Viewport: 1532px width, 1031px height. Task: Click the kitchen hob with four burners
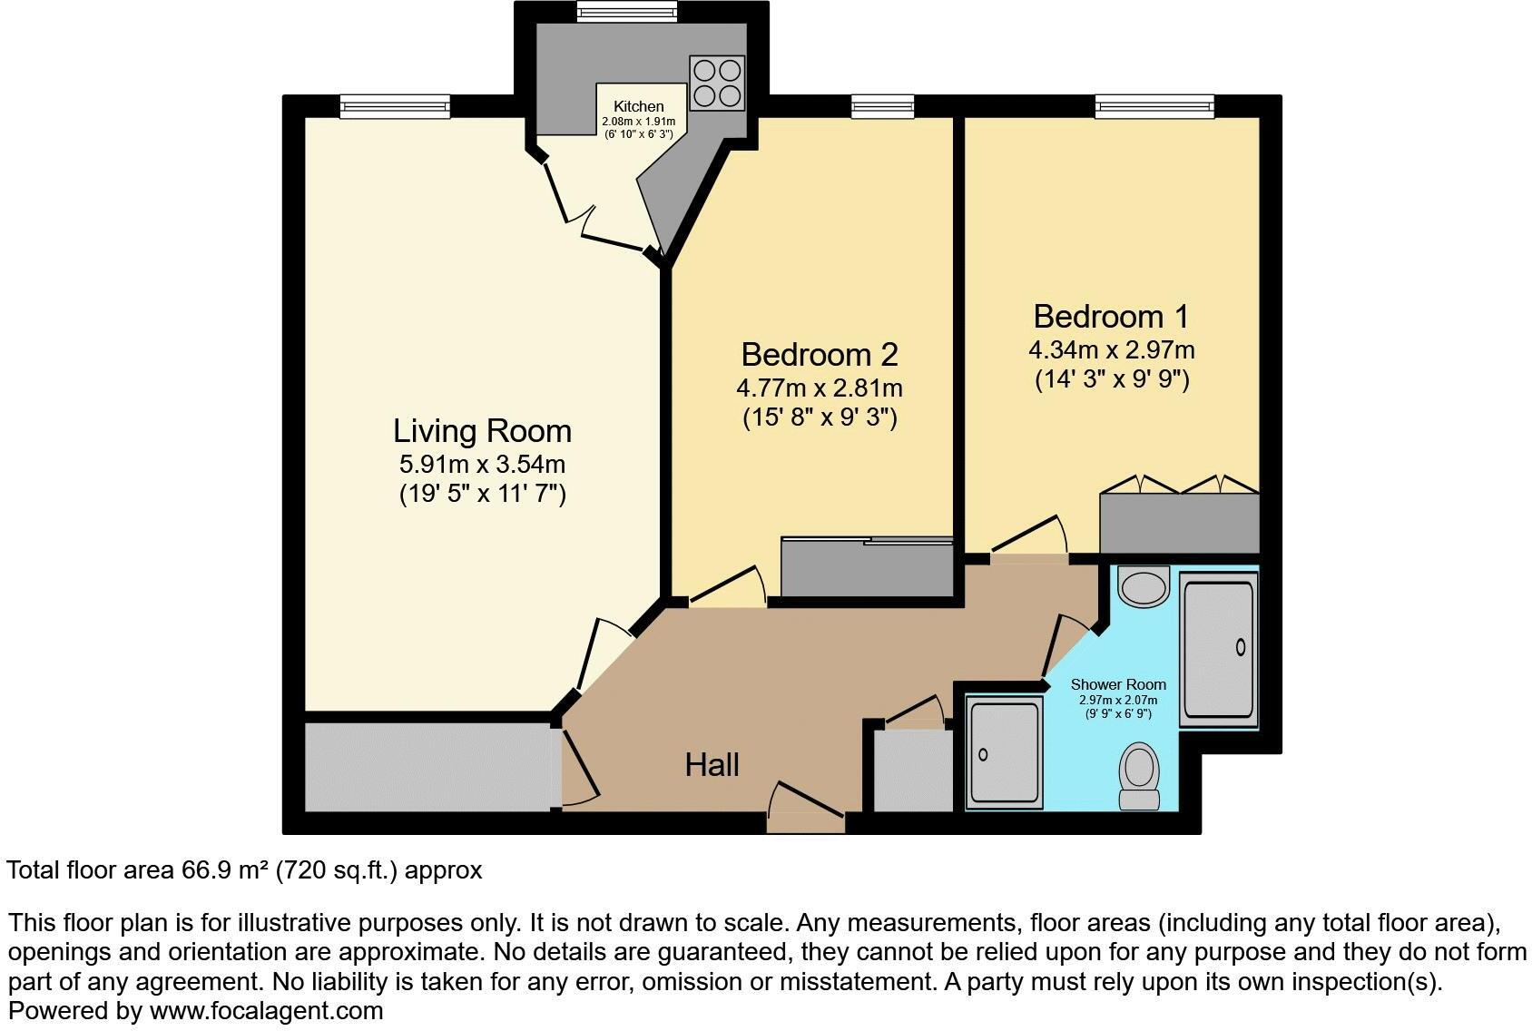[x=717, y=83]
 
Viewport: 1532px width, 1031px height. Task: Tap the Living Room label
[x=482, y=430]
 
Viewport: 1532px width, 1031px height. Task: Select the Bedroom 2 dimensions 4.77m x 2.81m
[x=819, y=388]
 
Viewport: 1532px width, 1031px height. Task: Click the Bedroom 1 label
[x=1111, y=316]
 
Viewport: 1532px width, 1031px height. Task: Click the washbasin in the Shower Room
[x=1144, y=586]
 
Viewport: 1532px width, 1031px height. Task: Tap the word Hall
[x=712, y=764]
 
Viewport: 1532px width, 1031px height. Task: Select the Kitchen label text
[x=638, y=106]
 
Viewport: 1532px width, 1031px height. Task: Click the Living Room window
[x=395, y=107]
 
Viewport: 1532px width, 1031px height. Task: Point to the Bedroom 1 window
[x=1154, y=107]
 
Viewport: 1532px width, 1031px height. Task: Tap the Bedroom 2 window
[x=882, y=107]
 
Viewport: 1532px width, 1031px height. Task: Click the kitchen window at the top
[x=626, y=12]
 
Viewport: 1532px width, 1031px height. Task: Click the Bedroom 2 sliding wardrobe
[x=867, y=568]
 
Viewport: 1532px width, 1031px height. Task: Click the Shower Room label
[x=1118, y=684]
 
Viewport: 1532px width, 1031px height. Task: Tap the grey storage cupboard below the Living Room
[x=427, y=767]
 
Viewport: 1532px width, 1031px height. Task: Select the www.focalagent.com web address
[x=266, y=1010]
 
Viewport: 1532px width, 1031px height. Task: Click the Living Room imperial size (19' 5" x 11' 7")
[x=482, y=495]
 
